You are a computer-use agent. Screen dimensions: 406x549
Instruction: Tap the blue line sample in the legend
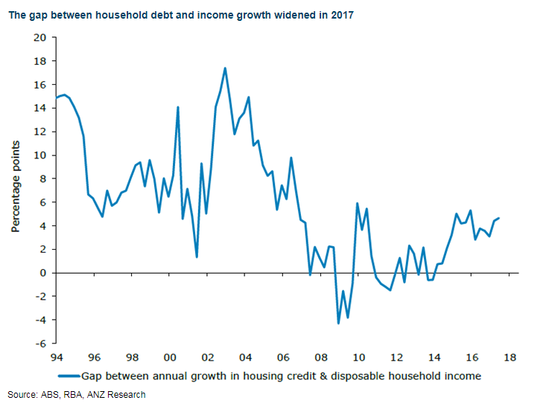(x=69, y=376)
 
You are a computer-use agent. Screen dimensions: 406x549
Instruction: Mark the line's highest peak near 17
(x=225, y=68)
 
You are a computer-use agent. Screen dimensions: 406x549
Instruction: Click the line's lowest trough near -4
(x=338, y=323)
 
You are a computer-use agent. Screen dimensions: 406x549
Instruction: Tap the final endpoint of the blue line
(x=498, y=218)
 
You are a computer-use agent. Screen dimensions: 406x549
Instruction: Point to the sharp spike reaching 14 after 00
(x=177, y=107)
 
